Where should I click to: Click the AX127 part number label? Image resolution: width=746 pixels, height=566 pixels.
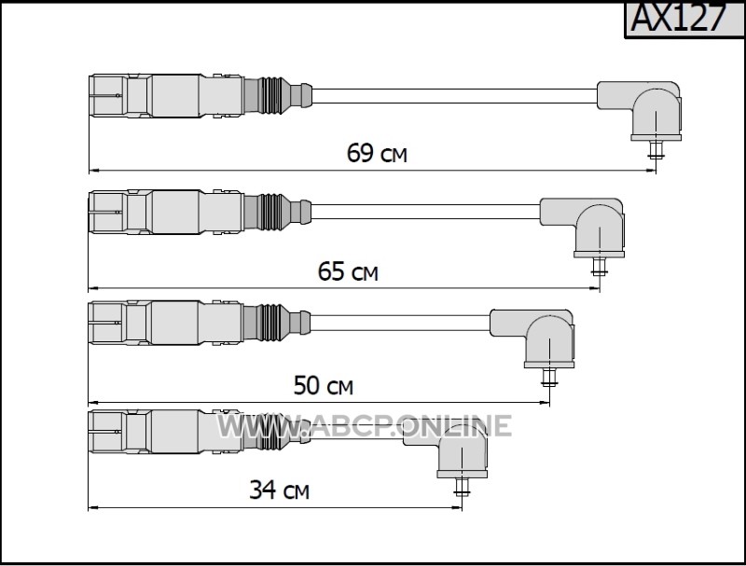pyautogui.click(x=680, y=18)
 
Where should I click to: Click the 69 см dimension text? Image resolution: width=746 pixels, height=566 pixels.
pyautogui.click(x=377, y=153)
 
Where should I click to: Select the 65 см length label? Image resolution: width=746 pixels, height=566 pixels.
pyautogui.click(x=348, y=271)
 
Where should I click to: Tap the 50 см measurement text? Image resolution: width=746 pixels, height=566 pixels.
pyautogui.click(x=324, y=386)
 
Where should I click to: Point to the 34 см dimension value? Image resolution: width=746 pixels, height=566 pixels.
pyautogui.click(x=279, y=490)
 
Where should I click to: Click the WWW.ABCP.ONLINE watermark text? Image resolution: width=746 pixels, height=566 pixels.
pyautogui.click(x=365, y=426)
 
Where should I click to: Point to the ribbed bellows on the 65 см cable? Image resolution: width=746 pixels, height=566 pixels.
pyautogui.click(x=271, y=212)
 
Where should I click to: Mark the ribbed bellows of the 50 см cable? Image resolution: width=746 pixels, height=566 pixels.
pyautogui.click(x=271, y=323)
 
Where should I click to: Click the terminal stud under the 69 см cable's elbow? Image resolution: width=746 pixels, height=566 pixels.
pyautogui.click(x=656, y=150)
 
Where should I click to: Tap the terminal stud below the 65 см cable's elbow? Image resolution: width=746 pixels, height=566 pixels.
pyautogui.click(x=600, y=267)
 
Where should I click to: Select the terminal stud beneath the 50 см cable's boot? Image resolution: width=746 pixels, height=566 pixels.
pyautogui.click(x=549, y=378)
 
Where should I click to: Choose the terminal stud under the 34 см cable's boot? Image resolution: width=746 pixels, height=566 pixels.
pyautogui.click(x=462, y=487)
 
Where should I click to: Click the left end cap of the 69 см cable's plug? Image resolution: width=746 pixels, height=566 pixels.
pyautogui.click(x=108, y=95)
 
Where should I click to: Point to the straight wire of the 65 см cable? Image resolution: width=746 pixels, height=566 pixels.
pyautogui.click(x=425, y=212)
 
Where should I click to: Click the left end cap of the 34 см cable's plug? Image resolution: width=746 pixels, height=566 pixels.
pyautogui.click(x=107, y=432)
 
